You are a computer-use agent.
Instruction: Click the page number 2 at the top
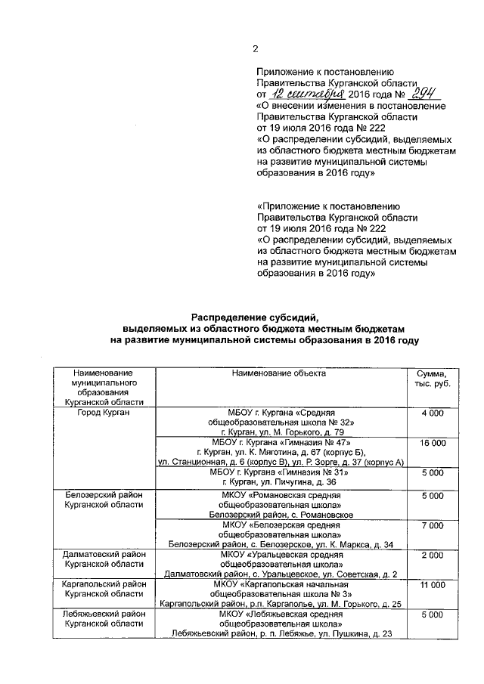click(x=255, y=49)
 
